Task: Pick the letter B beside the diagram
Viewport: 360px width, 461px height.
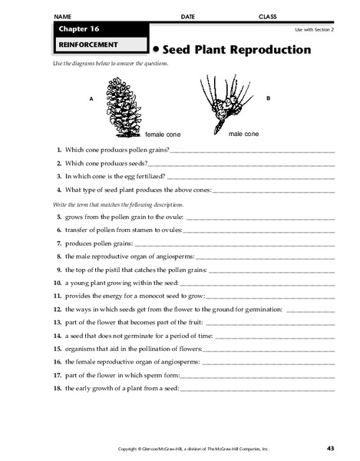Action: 268,98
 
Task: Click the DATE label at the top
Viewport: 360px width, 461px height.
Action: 188,16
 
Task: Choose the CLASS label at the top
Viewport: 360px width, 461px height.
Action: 268,16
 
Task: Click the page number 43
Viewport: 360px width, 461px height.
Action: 330,448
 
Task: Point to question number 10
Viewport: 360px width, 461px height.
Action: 58,284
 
